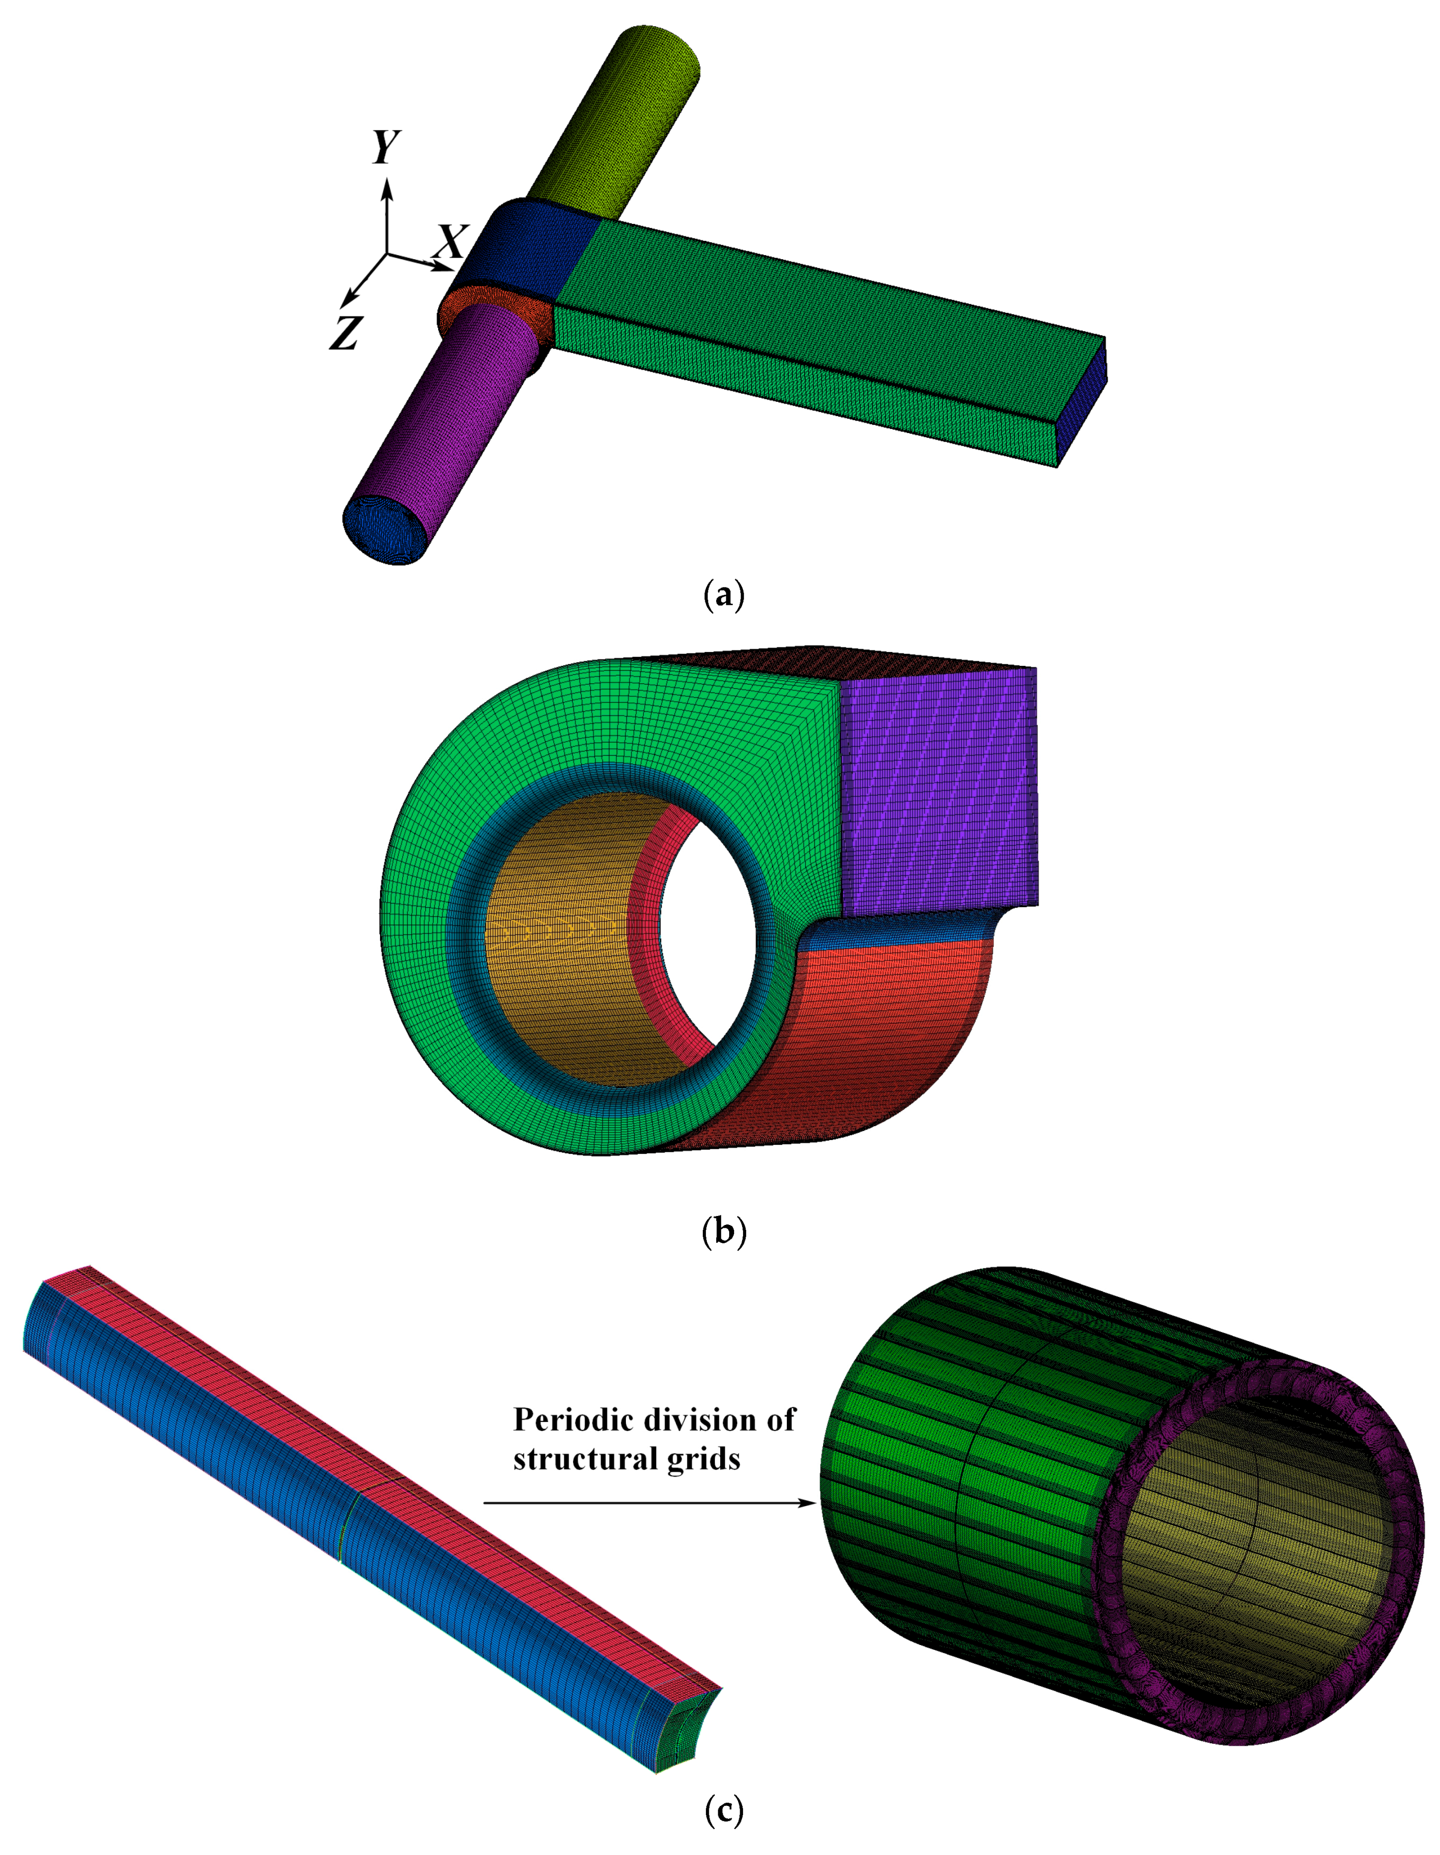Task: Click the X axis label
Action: (450, 242)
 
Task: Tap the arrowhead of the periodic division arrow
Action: (809, 1502)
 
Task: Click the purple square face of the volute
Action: (939, 790)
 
